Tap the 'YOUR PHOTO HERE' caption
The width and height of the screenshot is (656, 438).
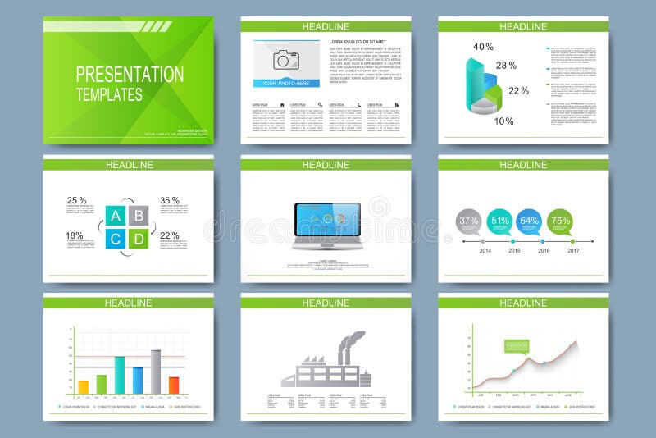pos(286,83)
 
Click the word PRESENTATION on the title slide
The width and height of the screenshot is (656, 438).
pos(130,74)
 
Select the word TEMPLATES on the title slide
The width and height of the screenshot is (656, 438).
pos(109,94)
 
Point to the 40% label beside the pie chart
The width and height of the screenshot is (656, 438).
pos(483,47)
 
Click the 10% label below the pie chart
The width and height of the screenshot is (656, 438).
pos(503,121)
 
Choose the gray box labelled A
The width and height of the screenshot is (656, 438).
pos(114,216)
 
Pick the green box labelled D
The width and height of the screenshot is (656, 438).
pos(139,239)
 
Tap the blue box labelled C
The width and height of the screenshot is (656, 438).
pos(114,239)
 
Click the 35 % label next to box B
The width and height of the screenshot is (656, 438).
pos(170,200)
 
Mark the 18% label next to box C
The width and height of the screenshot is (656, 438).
pos(75,235)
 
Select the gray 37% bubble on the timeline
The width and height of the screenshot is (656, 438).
pos(469,220)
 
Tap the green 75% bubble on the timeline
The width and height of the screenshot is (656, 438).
pos(560,220)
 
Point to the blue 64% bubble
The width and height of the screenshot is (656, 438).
pos(529,220)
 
